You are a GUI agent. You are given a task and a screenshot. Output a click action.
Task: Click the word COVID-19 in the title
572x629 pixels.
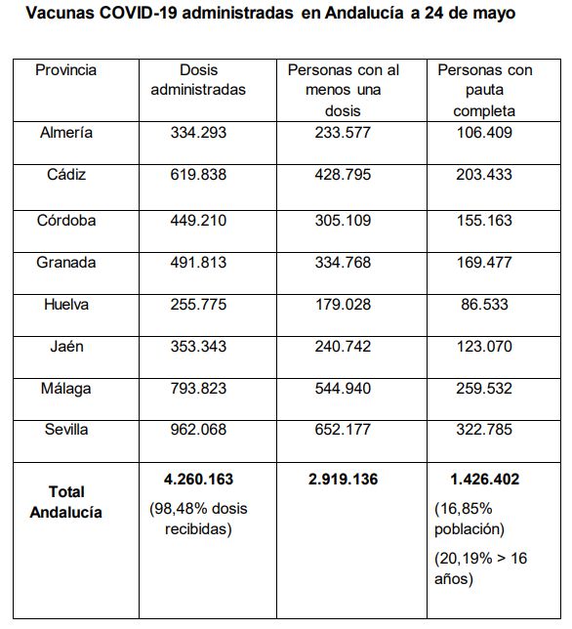(137, 13)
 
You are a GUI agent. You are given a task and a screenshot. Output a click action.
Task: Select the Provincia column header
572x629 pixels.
(65, 70)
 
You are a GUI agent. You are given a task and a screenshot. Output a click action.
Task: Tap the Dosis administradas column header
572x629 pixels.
(198, 80)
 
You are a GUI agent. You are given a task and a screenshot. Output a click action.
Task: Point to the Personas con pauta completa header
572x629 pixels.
(484, 90)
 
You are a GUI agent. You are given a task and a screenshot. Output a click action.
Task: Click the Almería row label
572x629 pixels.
(66, 133)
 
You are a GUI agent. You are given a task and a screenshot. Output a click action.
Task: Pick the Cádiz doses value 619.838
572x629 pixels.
(198, 175)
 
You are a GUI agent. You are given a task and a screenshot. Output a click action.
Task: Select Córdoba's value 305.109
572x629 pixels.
(343, 220)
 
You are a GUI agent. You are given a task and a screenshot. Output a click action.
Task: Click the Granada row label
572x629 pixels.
(66, 263)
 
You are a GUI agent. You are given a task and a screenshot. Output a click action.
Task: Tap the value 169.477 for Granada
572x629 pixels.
(484, 263)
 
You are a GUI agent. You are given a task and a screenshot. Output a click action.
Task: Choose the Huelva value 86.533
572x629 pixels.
(484, 305)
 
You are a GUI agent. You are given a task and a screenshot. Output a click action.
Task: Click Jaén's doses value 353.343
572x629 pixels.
(198, 346)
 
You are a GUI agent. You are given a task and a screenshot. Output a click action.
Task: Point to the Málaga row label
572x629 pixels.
(66, 389)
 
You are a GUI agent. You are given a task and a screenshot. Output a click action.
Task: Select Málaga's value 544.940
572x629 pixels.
(343, 389)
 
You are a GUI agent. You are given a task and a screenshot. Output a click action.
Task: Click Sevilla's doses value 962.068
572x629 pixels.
(198, 430)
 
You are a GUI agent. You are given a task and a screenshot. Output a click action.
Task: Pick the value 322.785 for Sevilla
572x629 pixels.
(484, 430)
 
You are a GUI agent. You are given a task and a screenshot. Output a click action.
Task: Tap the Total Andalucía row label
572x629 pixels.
(66, 502)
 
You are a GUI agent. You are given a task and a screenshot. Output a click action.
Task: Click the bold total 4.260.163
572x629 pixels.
(198, 480)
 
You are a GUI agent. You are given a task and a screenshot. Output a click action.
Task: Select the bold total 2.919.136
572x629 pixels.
(344, 480)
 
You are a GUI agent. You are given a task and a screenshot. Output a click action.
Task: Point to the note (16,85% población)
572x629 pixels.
(470, 519)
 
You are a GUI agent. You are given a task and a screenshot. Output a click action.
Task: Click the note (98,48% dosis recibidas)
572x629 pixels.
(198, 519)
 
